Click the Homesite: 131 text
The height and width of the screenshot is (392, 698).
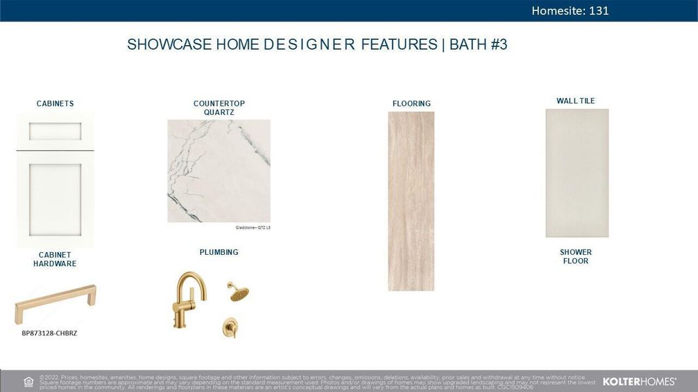click(570, 10)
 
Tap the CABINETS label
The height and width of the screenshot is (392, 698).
click(55, 103)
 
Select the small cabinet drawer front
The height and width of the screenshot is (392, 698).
click(55, 131)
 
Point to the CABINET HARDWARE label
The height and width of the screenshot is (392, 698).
click(55, 259)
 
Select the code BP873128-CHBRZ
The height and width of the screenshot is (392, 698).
click(50, 333)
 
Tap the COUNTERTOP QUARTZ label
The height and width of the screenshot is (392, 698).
click(219, 108)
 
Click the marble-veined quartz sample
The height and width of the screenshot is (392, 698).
click(218, 171)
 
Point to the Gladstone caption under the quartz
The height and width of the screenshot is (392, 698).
click(253, 227)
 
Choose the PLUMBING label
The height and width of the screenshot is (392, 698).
click(219, 252)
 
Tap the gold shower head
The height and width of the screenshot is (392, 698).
click(239, 291)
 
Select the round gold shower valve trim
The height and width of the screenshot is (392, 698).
click(230, 328)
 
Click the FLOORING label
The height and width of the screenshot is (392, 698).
click(411, 103)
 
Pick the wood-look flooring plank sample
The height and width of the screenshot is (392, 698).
click(411, 201)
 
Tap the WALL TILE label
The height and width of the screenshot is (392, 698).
click(576, 101)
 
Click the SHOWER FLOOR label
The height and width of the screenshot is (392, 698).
click(576, 256)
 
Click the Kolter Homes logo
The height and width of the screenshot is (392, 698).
click(639, 381)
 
